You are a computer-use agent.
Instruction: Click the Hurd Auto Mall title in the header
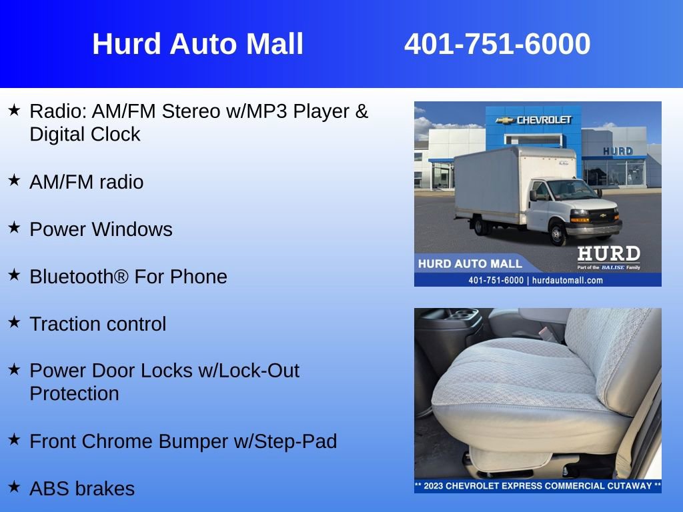point(197,44)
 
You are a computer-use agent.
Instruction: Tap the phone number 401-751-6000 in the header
point(497,44)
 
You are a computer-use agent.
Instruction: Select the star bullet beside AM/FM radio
point(15,180)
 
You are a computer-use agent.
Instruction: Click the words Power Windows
point(101,229)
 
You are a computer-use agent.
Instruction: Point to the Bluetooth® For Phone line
point(129,277)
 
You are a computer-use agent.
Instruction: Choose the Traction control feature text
point(98,324)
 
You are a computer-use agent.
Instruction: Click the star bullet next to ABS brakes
point(15,486)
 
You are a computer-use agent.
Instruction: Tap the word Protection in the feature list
point(75,393)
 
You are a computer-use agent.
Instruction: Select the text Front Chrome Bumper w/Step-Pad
point(183,441)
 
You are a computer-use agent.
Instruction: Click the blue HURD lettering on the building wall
point(618,151)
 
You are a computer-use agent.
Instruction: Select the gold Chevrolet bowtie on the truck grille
point(603,215)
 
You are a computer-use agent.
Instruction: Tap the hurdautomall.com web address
point(568,281)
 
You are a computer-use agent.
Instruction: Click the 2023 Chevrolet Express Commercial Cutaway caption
point(538,486)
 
